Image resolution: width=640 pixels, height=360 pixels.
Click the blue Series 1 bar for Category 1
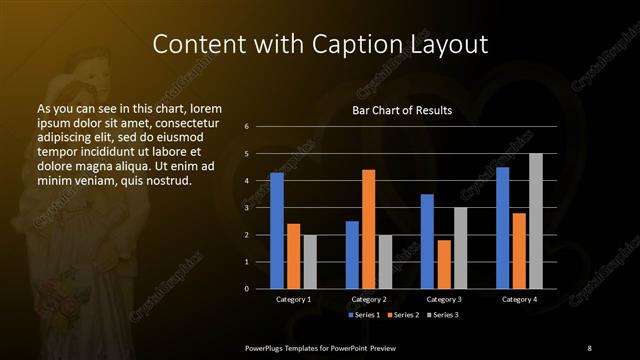point(277,231)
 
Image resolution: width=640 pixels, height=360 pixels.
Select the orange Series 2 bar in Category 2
point(369,229)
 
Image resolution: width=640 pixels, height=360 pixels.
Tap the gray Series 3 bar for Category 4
point(535,221)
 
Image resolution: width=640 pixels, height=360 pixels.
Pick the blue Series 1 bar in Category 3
point(427,241)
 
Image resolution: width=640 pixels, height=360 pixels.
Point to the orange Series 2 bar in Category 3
point(444,264)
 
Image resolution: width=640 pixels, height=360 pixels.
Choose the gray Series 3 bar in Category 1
point(310,262)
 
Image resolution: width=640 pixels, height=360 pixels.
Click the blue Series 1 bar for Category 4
point(502,228)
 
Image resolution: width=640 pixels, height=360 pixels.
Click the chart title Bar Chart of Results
point(402,110)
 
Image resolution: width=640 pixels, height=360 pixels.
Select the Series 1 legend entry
point(363,315)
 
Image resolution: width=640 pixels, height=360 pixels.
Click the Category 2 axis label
point(369,299)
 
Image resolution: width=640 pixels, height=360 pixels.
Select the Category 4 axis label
point(518,299)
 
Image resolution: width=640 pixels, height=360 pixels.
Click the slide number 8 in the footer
point(589,347)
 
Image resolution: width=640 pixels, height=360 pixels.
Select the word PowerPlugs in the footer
point(267,347)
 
